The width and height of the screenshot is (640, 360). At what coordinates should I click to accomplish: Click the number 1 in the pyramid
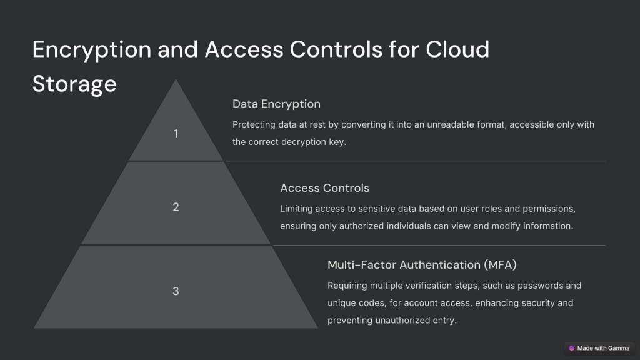[x=176, y=134]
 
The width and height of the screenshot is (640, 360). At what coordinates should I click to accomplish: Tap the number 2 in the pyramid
[x=176, y=207]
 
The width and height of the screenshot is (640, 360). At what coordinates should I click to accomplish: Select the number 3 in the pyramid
[x=176, y=291]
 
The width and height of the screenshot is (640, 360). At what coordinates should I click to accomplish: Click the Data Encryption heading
[x=276, y=104]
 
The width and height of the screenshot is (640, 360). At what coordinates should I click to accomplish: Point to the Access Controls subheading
[x=324, y=188]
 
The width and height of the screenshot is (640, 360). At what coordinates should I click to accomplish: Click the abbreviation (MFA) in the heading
[x=500, y=265]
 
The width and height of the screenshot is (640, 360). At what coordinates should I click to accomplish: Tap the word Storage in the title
[x=75, y=84]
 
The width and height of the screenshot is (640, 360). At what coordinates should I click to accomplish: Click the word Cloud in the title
[x=457, y=49]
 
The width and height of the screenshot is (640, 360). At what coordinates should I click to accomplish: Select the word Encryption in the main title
[x=92, y=50]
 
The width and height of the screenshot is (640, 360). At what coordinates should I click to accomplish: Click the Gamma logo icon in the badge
[x=571, y=348]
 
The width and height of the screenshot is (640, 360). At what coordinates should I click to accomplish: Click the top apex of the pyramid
[x=176, y=79]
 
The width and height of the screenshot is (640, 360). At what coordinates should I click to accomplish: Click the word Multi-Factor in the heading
[x=362, y=265]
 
